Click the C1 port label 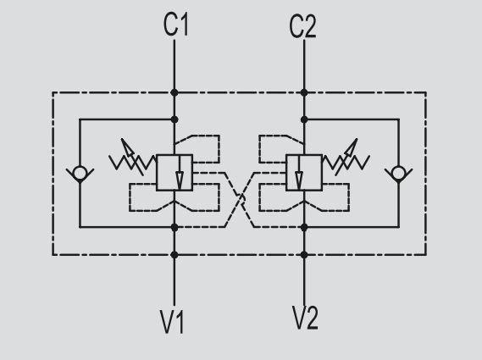[176, 25]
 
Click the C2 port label [302, 27]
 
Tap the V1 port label [172, 322]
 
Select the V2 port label [305, 318]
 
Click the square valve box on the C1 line [175, 173]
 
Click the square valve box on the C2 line [304, 173]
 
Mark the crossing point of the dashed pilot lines [241, 200]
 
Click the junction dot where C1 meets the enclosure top [175, 92]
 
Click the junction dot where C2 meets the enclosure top [304, 92]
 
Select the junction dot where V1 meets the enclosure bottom [175, 255]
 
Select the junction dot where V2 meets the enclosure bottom [304, 255]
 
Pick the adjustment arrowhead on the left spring [127, 147]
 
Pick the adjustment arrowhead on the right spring [352, 147]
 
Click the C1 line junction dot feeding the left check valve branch [175, 119]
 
